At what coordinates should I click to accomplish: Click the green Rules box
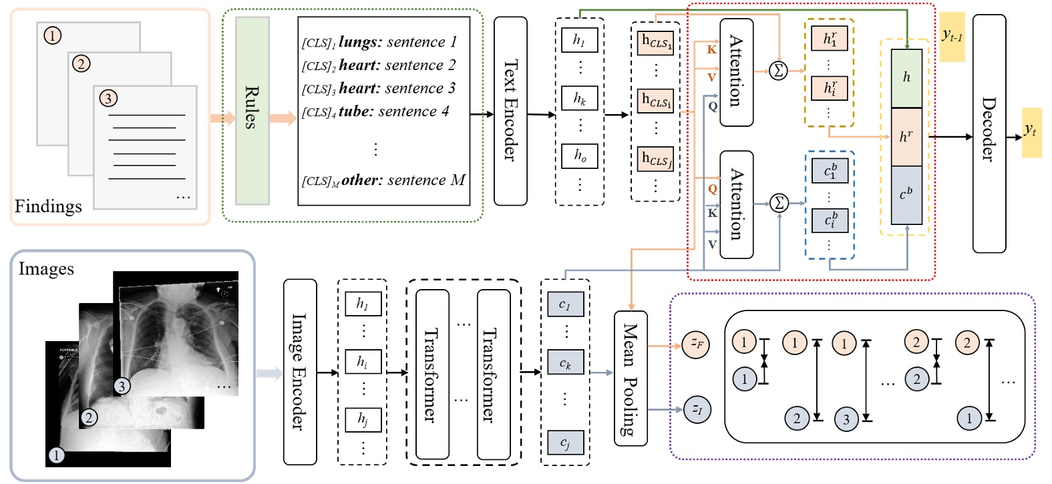pos(252,110)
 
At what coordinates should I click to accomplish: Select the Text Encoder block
pos(510,111)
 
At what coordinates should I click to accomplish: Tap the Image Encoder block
pos(300,371)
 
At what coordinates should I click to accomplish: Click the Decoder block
pos(989,133)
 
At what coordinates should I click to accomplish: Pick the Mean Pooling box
pos(631,378)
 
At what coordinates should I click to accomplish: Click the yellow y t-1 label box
pos(952,37)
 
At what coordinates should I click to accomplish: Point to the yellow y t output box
pos(1031,132)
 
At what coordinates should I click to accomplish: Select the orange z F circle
pos(696,344)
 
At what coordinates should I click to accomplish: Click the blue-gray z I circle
pos(697,409)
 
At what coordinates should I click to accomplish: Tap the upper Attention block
pos(736,72)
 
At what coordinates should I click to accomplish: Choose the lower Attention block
pos(736,204)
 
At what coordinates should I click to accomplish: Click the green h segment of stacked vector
pos(906,78)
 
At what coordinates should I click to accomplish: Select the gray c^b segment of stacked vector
pos(906,194)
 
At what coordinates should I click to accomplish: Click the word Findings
pos(48,206)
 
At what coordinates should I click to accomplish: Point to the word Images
pos(46,269)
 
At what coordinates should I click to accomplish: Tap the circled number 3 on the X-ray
pos(122,386)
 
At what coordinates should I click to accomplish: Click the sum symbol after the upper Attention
pos(778,70)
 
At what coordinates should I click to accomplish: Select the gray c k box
pos(565,363)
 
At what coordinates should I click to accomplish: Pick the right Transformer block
pos(493,374)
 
